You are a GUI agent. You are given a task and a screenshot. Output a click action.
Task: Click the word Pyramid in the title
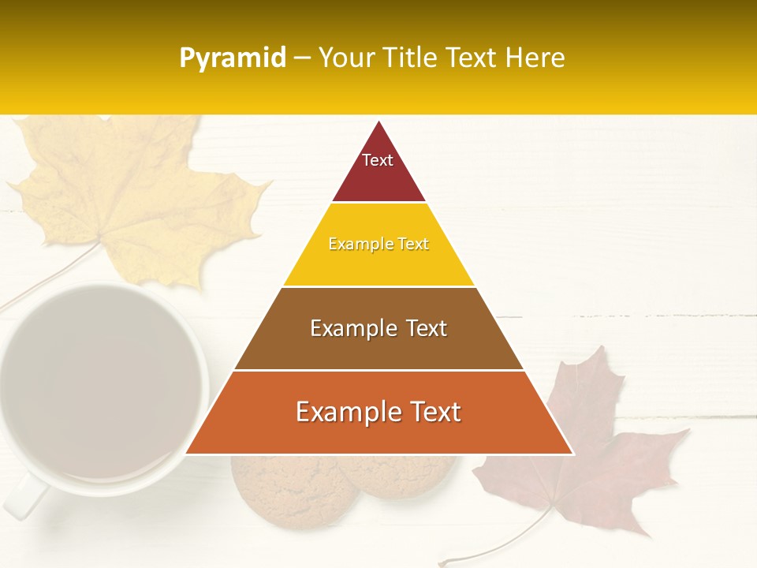233,58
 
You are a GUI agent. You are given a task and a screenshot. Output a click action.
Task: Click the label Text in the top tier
378,160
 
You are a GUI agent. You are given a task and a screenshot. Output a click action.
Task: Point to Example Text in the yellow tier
378,244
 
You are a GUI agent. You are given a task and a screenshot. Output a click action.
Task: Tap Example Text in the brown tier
378,328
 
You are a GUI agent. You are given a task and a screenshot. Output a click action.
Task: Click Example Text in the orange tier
378,412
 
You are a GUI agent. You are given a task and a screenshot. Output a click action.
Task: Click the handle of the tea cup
24,497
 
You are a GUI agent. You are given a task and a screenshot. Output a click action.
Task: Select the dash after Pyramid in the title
302,58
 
